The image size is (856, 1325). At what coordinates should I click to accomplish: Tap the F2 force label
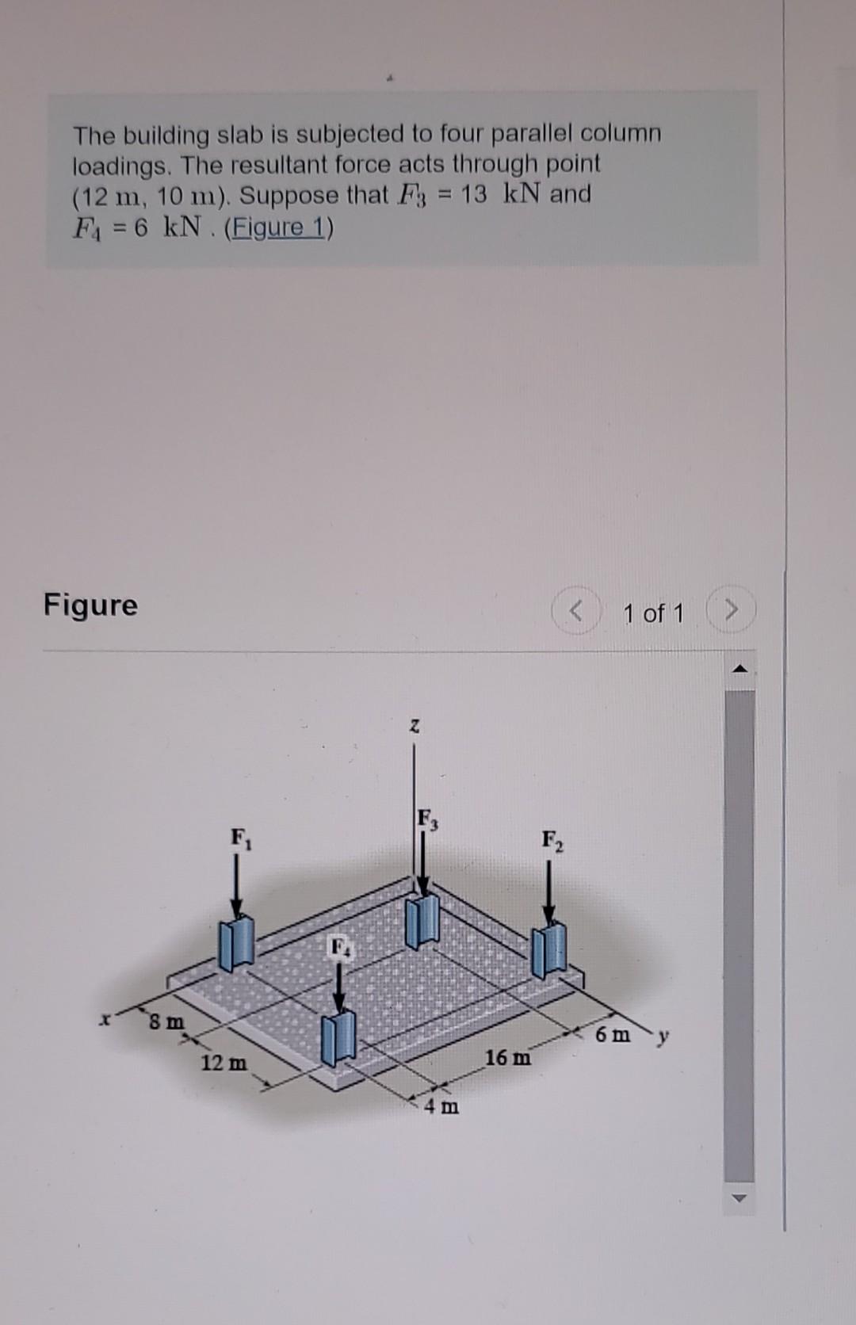pyautogui.click(x=553, y=839)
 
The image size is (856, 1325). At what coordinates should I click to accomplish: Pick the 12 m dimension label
pyautogui.click(x=224, y=1063)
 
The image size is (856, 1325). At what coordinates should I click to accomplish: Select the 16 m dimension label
pyautogui.click(x=508, y=1057)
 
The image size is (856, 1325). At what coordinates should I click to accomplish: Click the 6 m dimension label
pyautogui.click(x=614, y=1035)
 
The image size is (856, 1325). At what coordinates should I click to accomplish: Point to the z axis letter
pyautogui.click(x=414, y=726)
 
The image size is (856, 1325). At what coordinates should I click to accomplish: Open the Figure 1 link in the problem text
pyautogui.click(x=279, y=228)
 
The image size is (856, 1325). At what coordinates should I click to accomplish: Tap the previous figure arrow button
pyautogui.click(x=578, y=613)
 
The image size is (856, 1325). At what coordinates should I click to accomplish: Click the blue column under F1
pyautogui.click(x=236, y=943)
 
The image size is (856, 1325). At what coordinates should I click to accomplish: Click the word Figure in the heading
pyautogui.click(x=90, y=605)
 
